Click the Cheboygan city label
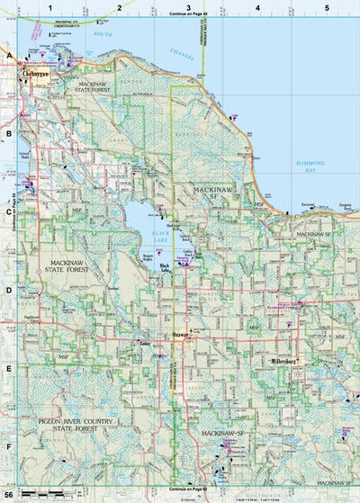click(x=34, y=75)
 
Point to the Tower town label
click(x=144, y=343)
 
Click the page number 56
click(x=8, y=496)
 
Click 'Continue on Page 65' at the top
click(x=188, y=15)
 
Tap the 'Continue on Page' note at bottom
click(x=188, y=486)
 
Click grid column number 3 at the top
click(x=188, y=7)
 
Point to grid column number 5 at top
click(x=327, y=7)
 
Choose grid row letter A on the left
click(x=9, y=56)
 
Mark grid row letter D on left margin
click(x=9, y=291)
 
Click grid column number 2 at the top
click(x=119, y=7)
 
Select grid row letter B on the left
click(x=9, y=134)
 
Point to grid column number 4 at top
click(x=257, y=7)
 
